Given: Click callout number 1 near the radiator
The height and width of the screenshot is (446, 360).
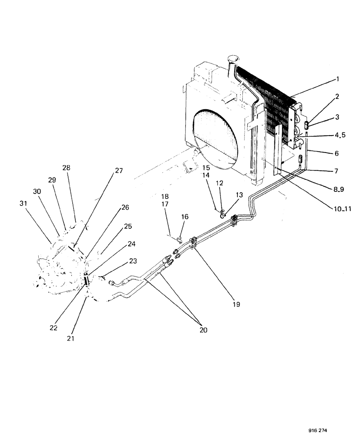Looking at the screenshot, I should [338, 79].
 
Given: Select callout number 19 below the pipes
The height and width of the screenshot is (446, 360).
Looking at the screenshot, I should [236, 305].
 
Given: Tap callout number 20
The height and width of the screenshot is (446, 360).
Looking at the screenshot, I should [204, 330].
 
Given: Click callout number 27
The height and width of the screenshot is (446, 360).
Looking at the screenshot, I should [119, 170].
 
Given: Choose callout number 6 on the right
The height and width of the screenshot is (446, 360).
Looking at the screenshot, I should [337, 153].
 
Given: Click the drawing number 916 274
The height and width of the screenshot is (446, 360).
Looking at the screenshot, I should [318, 432].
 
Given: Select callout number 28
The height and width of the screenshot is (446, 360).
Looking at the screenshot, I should [66, 168].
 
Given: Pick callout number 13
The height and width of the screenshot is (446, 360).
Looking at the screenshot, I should [239, 194].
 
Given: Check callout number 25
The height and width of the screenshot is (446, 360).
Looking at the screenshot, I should [128, 227].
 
